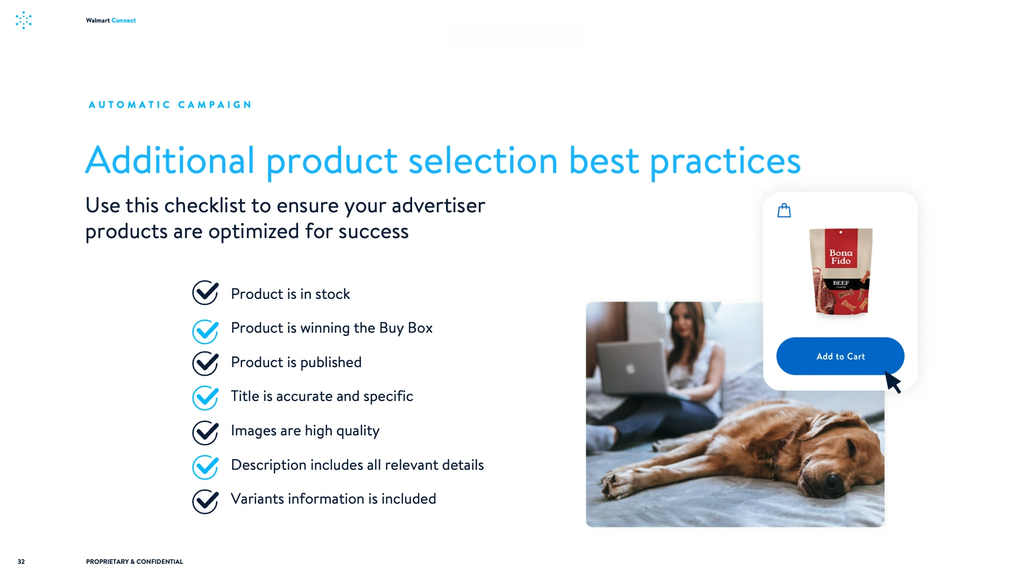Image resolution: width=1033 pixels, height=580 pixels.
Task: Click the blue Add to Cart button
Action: pos(840,356)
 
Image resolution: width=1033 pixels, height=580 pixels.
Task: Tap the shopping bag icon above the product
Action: pos(784,210)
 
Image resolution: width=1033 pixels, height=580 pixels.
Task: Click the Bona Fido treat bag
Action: pos(841,271)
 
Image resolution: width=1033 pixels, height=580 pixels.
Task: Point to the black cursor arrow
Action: pos(893,382)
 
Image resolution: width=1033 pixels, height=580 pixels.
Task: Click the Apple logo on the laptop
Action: pos(630,368)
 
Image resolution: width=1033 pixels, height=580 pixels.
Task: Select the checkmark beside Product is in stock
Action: pos(206,293)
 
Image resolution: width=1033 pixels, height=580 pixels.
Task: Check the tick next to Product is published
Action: pos(206,363)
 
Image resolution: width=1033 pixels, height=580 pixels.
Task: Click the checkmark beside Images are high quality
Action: pos(206,432)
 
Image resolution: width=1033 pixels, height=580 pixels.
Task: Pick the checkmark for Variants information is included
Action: pos(206,501)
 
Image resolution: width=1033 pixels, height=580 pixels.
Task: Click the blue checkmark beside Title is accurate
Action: pos(206,398)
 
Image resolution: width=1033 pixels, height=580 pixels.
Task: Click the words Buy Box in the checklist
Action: pos(406,328)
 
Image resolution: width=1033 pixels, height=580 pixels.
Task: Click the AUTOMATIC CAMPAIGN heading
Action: pos(170,105)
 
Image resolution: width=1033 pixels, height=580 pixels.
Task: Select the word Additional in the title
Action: pos(170,160)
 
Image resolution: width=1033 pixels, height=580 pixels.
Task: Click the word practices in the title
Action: pos(725,161)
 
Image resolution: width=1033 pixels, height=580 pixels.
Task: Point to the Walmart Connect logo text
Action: pos(111,20)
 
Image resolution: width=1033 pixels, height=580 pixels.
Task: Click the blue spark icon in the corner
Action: pos(24,20)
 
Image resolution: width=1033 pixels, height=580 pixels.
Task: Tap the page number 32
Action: pos(21,562)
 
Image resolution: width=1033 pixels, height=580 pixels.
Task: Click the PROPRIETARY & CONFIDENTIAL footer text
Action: pos(135,562)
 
